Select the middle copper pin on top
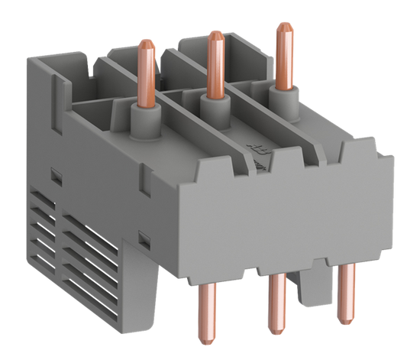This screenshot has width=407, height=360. pos(213,66)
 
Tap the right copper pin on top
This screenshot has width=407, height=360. pos(285,54)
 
